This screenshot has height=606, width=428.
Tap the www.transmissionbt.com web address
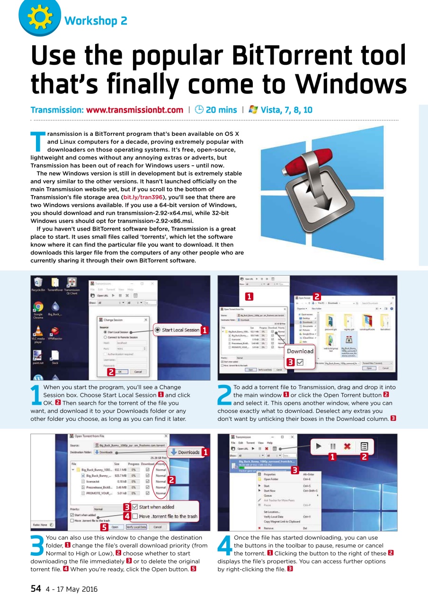134,110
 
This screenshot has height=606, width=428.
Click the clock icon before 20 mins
199,110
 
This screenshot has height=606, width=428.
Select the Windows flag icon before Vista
253,110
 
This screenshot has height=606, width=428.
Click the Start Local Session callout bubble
178,330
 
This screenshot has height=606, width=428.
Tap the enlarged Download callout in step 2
300,351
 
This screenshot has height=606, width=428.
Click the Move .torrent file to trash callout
164,516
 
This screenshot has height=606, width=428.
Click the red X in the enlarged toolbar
347,446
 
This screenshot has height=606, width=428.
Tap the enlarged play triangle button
319,446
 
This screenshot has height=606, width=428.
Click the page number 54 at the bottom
36,589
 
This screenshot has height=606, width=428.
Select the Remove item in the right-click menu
268,528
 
